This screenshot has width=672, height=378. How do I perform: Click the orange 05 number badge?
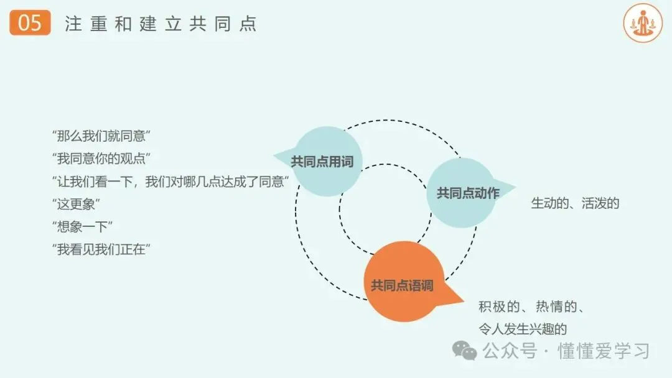tap(30, 23)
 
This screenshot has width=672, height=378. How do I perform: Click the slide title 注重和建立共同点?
tap(161, 24)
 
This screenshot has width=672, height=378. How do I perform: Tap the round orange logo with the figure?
tap(643, 23)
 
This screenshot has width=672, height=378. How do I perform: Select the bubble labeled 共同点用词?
tap(322, 162)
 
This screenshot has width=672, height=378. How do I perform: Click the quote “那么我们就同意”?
tap(103, 136)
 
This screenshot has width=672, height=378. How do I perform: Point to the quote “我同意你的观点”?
tap(103, 158)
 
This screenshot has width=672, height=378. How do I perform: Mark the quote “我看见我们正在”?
tap(103, 249)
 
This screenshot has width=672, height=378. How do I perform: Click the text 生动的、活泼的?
tap(575, 203)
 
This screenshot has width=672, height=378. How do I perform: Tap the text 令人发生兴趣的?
tap(522, 329)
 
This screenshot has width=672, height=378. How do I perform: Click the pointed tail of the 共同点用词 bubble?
tap(281, 155)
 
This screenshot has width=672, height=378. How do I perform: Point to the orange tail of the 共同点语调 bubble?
tap(457, 298)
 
